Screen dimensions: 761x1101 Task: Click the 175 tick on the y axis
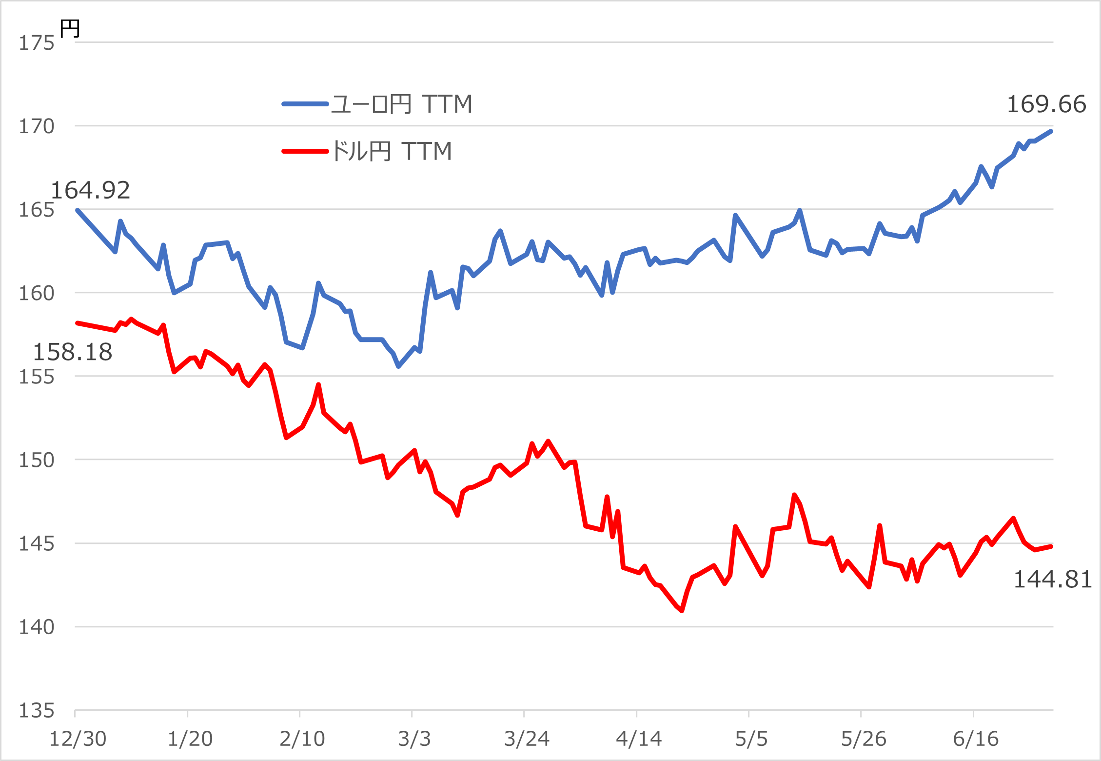[x=36, y=43]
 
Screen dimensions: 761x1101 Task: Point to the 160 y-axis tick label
[x=36, y=294]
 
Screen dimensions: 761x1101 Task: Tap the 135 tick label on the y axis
[x=36, y=711]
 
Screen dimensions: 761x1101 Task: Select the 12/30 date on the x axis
[x=78, y=740]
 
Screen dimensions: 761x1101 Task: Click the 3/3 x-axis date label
[x=414, y=740]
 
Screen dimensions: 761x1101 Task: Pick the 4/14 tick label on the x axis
[x=639, y=740]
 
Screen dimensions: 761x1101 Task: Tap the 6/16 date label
[x=976, y=740]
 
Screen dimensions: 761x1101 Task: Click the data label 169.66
[x=1046, y=104]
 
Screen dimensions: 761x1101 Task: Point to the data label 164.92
[x=90, y=190]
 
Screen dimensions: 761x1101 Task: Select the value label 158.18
[x=72, y=352]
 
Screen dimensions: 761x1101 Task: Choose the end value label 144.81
[x=1052, y=580]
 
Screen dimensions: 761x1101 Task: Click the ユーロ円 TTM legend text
[x=401, y=104]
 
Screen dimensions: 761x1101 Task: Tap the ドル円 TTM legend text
[x=392, y=151]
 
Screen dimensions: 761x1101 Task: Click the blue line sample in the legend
[x=305, y=104]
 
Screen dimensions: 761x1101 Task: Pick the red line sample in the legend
[x=305, y=151]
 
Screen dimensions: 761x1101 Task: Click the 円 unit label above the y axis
[x=70, y=29]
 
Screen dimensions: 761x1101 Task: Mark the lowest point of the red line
[x=682, y=611]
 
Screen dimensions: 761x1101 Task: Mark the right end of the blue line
[x=1051, y=131]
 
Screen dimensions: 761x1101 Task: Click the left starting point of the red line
[x=78, y=323]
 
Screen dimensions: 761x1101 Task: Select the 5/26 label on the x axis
[x=864, y=740]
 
